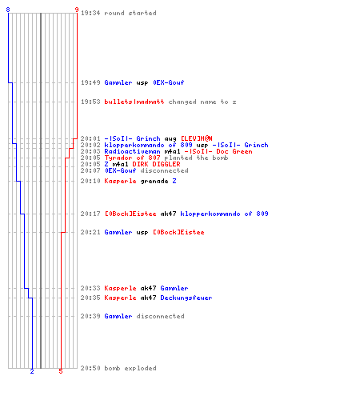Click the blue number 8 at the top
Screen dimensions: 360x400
pos(8,10)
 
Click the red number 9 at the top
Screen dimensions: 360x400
pos(77,10)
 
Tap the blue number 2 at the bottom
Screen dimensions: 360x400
pos(32,371)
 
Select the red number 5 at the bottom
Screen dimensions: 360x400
pos(61,371)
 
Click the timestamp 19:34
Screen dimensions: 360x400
pos(90,13)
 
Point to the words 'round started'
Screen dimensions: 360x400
pos(130,13)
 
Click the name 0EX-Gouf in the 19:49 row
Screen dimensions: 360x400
pos(169,82)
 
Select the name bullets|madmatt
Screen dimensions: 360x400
pos(134,102)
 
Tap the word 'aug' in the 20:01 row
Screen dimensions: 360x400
pos(170,138)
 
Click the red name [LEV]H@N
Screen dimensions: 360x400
pos(197,138)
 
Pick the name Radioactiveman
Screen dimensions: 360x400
pos(132,151)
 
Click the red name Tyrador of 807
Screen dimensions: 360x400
pos(132,158)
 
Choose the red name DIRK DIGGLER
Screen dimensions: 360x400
pos(156,164)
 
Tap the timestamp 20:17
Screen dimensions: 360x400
pos(90,214)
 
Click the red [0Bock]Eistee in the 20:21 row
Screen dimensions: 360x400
pos(178,232)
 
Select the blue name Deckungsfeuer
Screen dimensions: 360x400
pos(186,298)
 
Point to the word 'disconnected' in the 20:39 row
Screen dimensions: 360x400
pos(160,316)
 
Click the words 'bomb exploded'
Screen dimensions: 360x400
pos(130,368)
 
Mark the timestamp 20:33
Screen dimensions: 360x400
pos(90,288)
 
